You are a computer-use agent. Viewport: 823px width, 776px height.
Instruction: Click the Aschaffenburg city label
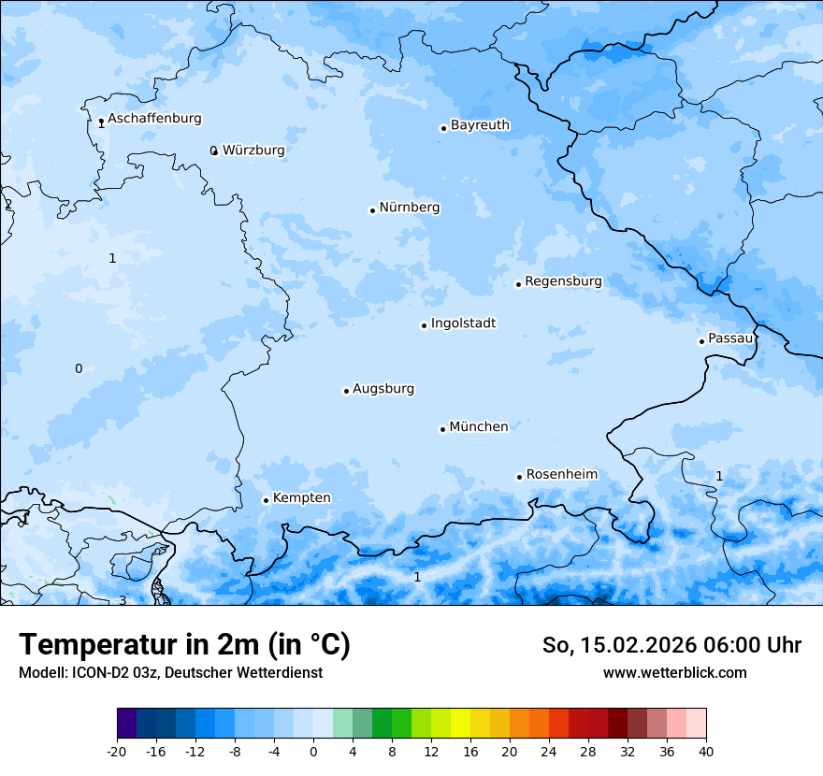(154, 119)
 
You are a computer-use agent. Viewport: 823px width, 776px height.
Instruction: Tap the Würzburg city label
(253, 151)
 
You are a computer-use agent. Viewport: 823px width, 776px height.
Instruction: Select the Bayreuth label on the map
(480, 125)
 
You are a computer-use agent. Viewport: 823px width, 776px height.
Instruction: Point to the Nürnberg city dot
(372, 210)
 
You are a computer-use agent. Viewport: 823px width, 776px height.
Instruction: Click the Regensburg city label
(563, 281)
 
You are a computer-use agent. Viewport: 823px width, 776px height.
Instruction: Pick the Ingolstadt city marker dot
(424, 325)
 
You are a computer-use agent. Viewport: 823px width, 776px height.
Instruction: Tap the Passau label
(730, 338)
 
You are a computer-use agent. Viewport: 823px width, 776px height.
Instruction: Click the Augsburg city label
(383, 389)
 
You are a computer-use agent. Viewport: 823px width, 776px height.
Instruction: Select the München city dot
(442, 429)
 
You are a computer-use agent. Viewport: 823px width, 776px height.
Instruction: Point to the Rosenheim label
(561, 475)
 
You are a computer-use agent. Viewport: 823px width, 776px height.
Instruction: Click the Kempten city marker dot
(266, 500)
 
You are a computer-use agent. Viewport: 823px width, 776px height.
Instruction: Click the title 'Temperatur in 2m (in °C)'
(184, 645)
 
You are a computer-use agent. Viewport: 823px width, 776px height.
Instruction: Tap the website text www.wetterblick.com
(674, 672)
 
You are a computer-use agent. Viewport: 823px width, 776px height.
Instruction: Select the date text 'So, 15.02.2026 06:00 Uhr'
(671, 645)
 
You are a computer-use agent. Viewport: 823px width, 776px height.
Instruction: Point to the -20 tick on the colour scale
(117, 752)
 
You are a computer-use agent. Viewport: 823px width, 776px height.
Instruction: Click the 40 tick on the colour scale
(706, 752)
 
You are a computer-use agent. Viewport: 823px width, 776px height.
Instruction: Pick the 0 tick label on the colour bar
(313, 752)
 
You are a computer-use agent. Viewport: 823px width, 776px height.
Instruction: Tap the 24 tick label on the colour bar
(549, 752)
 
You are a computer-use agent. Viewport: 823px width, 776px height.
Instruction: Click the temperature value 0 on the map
(79, 368)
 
